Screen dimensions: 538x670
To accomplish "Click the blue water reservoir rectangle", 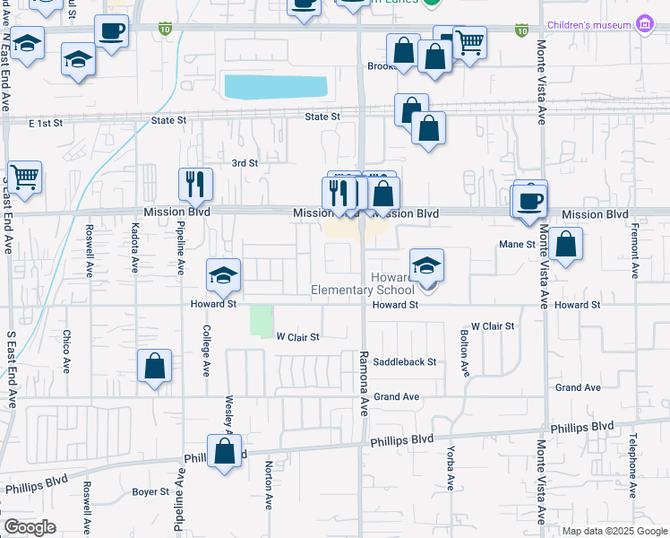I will click(x=275, y=87).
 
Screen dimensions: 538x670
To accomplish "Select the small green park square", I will click(x=261, y=321).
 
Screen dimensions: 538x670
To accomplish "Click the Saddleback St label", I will click(x=405, y=362).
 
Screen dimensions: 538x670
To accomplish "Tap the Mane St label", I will click(x=517, y=244).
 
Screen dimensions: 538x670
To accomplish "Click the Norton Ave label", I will click(x=269, y=485).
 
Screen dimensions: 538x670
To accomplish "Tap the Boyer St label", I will click(x=150, y=491).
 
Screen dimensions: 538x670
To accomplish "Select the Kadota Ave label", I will click(x=135, y=247).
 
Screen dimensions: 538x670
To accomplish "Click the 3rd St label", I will click(x=245, y=163).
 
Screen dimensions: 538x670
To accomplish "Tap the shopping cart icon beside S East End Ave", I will click(x=23, y=175).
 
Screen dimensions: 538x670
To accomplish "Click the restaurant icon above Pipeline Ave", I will click(x=195, y=184).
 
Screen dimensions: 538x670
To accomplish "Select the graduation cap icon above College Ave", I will click(x=223, y=273).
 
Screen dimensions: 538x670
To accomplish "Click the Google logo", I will click(x=30, y=527).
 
